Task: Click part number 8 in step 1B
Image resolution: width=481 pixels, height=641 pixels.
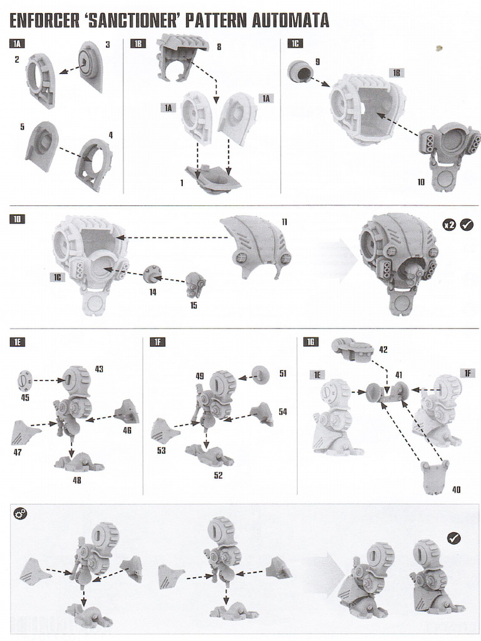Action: click(x=219, y=47)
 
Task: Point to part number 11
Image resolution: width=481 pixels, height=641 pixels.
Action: click(x=284, y=222)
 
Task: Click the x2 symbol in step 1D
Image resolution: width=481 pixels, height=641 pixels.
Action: click(x=450, y=224)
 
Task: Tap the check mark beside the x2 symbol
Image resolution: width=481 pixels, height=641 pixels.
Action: click(x=467, y=224)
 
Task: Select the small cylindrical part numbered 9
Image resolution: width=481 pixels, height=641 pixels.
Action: click(x=299, y=72)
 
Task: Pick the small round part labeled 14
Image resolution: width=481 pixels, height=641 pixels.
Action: click(x=152, y=274)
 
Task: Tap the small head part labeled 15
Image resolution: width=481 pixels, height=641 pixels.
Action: click(x=195, y=284)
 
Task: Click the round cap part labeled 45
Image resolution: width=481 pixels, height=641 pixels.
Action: click(x=25, y=380)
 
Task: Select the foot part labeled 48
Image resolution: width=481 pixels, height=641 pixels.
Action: click(x=78, y=462)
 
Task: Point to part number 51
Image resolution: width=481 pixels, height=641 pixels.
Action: click(x=283, y=374)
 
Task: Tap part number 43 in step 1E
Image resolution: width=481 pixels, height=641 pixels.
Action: click(x=99, y=369)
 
